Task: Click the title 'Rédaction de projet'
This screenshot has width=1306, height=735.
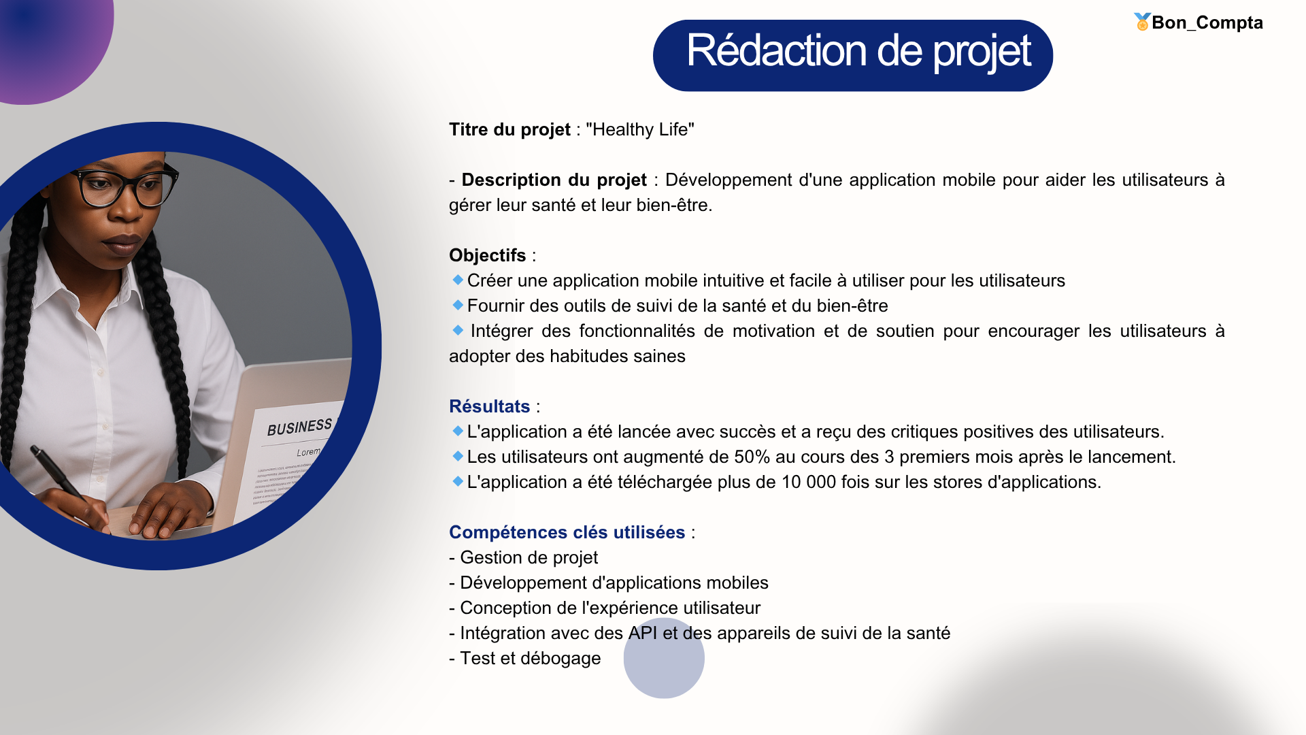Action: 858,51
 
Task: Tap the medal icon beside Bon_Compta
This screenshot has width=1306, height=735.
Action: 1142,22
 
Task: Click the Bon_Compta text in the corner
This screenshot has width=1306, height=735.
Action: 1207,22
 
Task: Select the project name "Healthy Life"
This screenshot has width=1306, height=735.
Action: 640,129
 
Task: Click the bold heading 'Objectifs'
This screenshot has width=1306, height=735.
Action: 487,255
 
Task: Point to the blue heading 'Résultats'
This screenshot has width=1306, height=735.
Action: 489,406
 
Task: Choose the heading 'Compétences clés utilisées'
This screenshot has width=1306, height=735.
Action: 567,532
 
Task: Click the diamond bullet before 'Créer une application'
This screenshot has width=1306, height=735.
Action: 458,280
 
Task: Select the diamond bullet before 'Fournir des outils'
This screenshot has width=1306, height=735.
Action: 458,305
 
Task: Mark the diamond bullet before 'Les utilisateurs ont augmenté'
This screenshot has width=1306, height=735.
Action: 458,456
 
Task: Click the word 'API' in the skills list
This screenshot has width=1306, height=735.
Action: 643,633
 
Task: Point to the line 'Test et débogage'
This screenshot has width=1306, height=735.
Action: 524,658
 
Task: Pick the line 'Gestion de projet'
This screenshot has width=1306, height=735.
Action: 523,557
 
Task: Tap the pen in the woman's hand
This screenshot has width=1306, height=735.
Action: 61,477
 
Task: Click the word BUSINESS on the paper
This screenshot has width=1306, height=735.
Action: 300,427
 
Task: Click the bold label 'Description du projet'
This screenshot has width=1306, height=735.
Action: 554,180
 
